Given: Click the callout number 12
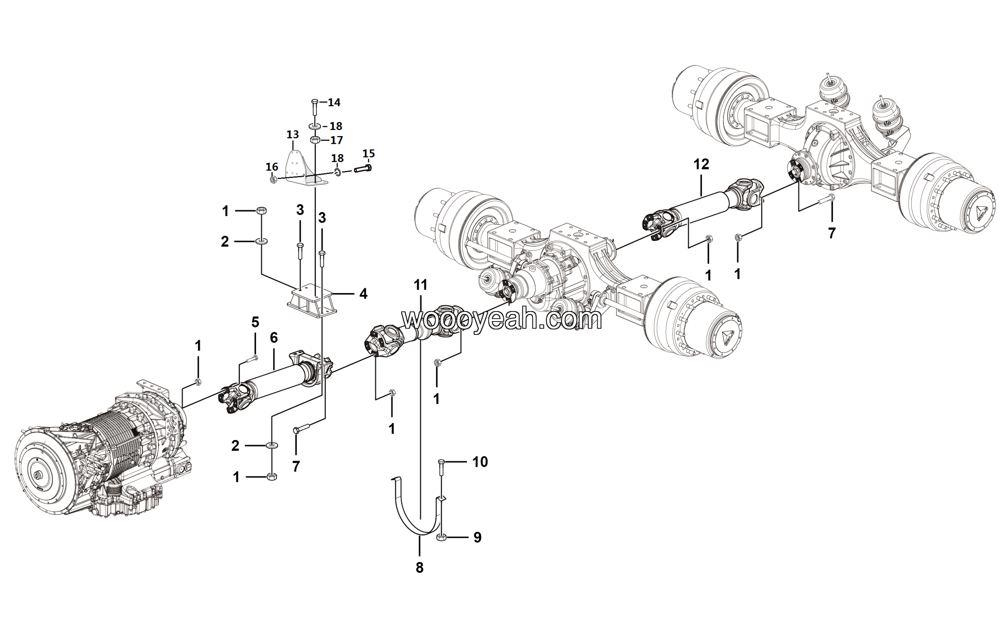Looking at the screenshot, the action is click(x=701, y=164).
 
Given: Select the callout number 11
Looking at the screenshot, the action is click(x=421, y=285).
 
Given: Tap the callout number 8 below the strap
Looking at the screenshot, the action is click(x=420, y=567).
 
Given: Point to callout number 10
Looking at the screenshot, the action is click(x=480, y=462).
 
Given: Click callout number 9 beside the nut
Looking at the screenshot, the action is click(x=477, y=538).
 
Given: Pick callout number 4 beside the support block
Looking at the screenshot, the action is click(x=364, y=294).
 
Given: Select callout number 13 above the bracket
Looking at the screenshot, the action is click(x=293, y=135).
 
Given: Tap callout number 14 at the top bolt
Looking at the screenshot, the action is click(x=334, y=102).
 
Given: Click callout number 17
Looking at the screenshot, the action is click(x=336, y=140).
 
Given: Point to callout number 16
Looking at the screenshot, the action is click(x=272, y=167).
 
